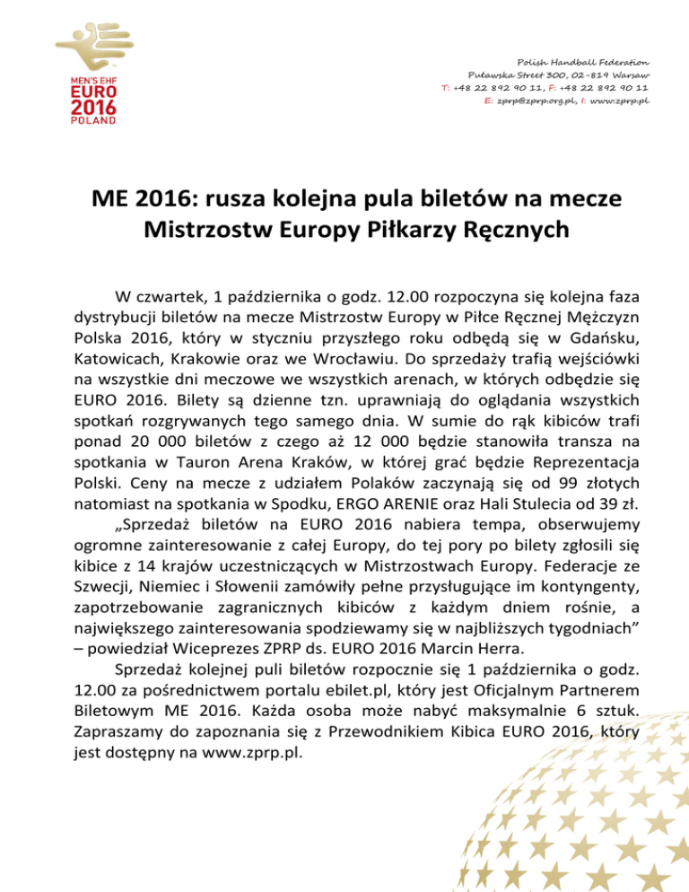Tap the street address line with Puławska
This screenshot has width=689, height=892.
click(x=560, y=74)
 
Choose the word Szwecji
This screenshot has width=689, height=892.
click(x=104, y=599)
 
